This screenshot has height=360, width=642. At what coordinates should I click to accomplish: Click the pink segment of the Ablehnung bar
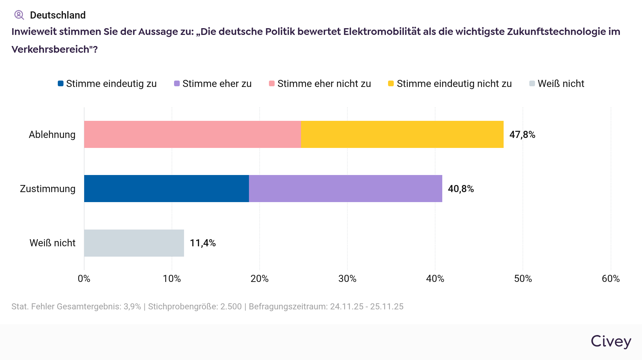click(193, 134)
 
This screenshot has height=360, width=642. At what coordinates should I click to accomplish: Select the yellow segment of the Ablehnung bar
click(402, 134)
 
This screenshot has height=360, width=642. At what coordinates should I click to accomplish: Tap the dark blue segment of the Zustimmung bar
click(167, 189)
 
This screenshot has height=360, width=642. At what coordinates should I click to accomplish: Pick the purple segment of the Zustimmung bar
click(345, 189)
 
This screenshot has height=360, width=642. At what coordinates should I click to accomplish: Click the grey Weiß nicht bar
click(134, 243)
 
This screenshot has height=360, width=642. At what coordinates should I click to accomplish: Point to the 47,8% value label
click(522, 135)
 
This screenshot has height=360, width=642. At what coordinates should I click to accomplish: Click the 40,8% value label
click(461, 189)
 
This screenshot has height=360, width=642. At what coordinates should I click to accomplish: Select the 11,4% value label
click(203, 243)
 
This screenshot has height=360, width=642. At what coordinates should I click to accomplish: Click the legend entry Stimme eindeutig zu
click(107, 84)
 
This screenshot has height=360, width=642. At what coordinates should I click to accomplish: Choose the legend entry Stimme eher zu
click(213, 84)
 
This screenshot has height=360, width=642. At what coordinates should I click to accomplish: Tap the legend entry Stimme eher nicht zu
click(320, 84)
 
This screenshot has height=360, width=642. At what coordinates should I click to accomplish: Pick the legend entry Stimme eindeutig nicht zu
click(450, 84)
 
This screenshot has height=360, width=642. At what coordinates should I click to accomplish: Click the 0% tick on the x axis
click(84, 279)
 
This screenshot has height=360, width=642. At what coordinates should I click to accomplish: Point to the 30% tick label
click(347, 279)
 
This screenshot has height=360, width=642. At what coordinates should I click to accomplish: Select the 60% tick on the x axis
click(611, 279)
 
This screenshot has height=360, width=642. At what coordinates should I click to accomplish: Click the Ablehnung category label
click(52, 135)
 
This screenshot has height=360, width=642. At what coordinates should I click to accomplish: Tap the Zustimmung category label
click(48, 189)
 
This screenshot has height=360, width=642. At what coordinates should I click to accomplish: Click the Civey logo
click(611, 341)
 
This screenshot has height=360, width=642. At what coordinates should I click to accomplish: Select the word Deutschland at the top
click(58, 15)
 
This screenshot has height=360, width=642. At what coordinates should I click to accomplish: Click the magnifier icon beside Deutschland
click(19, 15)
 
